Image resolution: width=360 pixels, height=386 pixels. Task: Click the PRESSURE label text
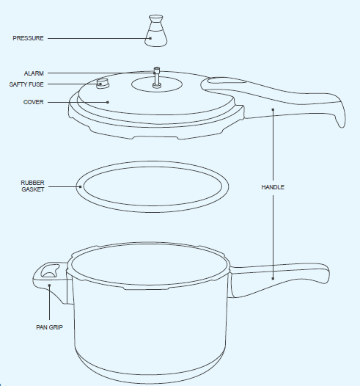pos(28,38)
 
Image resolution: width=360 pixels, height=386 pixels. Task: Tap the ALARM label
pos(34,73)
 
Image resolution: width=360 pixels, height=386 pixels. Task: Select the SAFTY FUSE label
pos(27,84)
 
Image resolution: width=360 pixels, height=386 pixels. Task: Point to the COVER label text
pos(33,102)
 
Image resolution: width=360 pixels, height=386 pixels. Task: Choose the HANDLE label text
pos(273,187)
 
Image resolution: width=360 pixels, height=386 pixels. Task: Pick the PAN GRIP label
pos(49,327)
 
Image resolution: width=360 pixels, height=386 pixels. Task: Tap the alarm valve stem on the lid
pos(156,76)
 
